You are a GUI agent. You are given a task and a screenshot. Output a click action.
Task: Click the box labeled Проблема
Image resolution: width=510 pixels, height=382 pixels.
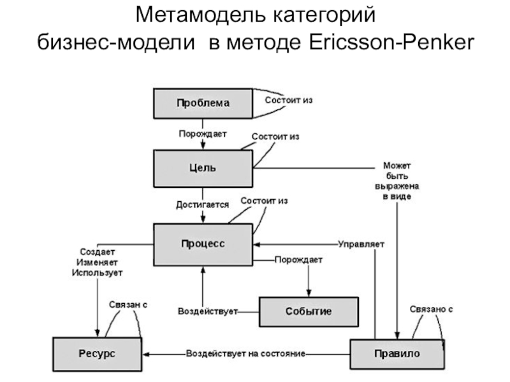[203, 103]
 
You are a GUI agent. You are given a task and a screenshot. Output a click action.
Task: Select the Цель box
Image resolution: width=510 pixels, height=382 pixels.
[203, 168]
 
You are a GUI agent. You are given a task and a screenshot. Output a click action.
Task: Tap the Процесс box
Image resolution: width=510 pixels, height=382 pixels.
[203, 244]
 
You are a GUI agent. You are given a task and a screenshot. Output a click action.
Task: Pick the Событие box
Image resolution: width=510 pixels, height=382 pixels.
[308, 311]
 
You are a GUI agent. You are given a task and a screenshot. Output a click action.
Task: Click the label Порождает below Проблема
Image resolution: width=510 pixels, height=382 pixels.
[202, 134]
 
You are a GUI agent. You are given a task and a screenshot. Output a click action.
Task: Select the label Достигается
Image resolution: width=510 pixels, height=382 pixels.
[202, 205]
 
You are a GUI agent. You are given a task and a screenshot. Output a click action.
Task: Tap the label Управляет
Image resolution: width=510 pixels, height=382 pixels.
[361, 244]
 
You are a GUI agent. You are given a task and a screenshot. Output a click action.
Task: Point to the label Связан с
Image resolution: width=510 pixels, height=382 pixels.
[127, 305]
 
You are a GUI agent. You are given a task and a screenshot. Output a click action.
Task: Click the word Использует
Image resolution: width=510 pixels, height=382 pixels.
[97, 272]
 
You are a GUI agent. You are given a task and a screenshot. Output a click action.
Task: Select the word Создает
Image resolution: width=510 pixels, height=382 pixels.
[97, 251]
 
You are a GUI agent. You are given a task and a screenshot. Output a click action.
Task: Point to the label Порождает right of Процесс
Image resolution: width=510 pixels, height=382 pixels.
[298, 260]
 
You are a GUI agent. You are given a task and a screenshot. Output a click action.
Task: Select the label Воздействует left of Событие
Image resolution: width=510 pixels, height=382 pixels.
[207, 312]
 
